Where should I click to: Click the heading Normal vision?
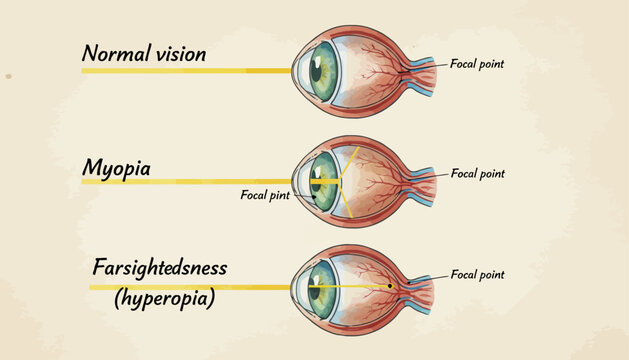pos(143,53)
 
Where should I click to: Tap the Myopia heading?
pos(116,168)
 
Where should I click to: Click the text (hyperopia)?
pos(159,299)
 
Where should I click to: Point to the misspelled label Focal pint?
pos(265,196)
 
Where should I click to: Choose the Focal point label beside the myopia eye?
pos(478,173)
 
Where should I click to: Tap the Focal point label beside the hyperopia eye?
pos(478,274)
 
